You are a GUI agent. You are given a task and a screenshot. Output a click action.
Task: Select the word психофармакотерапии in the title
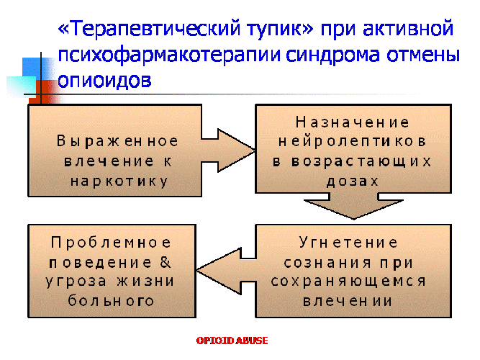click(x=169, y=56)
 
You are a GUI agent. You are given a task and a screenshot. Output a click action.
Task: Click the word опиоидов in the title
click(x=104, y=80)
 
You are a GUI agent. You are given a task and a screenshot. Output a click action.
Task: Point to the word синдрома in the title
click(x=333, y=56)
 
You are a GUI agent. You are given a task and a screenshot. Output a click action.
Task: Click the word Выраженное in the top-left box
click(x=117, y=141)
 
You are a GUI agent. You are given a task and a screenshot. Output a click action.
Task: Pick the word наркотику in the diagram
click(x=119, y=181)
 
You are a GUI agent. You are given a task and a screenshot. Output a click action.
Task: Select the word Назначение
click(x=353, y=122)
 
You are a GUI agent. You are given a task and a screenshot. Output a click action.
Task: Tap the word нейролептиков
click(x=352, y=142)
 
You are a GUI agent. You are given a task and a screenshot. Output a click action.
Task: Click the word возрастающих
click(x=361, y=161)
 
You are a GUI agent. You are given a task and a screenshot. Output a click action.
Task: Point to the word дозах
click(x=353, y=181)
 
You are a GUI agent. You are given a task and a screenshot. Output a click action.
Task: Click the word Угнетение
click(x=348, y=243)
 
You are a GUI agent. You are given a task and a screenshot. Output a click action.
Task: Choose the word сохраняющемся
click(x=348, y=282)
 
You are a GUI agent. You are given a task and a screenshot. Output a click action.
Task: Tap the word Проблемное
click(x=111, y=243)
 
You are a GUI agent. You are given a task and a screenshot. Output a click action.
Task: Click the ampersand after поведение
click(x=166, y=262)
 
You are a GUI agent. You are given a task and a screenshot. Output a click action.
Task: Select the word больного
click(x=111, y=301)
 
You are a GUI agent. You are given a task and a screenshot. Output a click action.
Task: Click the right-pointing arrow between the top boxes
click(x=228, y=150)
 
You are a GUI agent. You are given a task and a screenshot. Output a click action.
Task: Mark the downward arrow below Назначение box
click(x=354, y=206)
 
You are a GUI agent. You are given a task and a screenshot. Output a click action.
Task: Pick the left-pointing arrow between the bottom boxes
click(x=226, y=271)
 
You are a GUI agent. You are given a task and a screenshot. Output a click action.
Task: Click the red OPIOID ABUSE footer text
click(x=232, y=341)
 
